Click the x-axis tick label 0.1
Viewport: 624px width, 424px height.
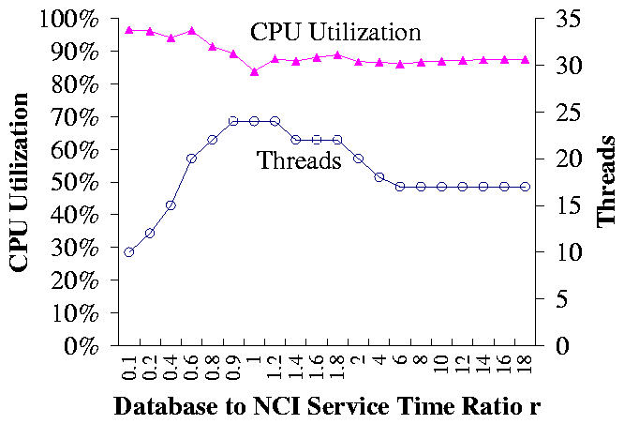pyautogui.click(x=128, y=366)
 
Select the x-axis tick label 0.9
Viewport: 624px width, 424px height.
pyautogui.click(x=232, y=366)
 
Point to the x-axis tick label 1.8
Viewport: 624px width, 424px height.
pyautogui.click(x=336, y=366)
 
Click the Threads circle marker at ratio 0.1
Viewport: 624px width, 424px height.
pyautogui.click(x=129, y=252)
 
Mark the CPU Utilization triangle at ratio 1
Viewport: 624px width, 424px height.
pyautogui.click(x=254, y=71)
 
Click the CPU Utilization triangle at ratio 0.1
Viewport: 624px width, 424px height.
pyautogui.click(x=129, y=30)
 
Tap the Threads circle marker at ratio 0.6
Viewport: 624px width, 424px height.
pyautogui.click(x=191, y=159)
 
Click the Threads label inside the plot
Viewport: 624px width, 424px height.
pyautogui.click(x=299, y=161)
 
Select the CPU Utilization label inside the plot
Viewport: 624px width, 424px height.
pyautogui.click(x=334, y=32)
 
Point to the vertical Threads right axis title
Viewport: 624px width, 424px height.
pyautogui.click(x=607, y=181)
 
